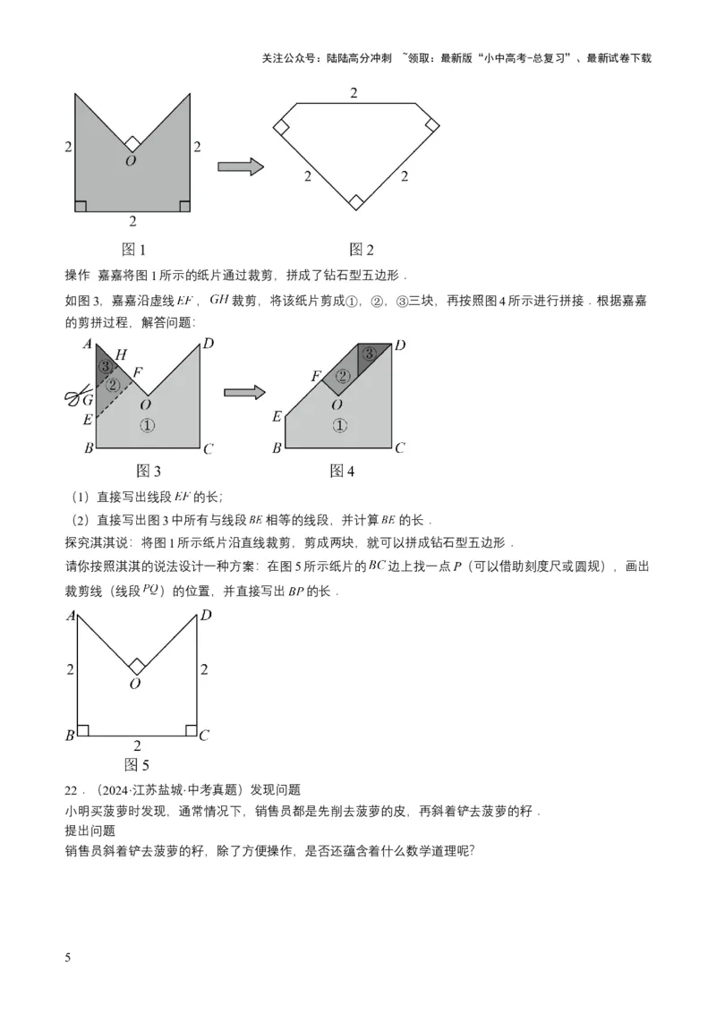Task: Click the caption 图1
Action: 133,251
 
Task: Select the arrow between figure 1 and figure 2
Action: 240,166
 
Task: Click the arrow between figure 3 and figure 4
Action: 244,392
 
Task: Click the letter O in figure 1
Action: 131,161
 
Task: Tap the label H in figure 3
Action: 121,355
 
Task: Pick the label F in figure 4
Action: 316,377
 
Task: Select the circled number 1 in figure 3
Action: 148,426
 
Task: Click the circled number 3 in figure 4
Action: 369,354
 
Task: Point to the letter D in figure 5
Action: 206,616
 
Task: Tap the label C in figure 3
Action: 208,448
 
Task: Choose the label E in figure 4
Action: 277,416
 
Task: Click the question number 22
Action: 72,789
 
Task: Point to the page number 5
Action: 68,958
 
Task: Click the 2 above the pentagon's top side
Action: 354,93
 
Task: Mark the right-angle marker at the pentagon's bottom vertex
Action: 355,202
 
